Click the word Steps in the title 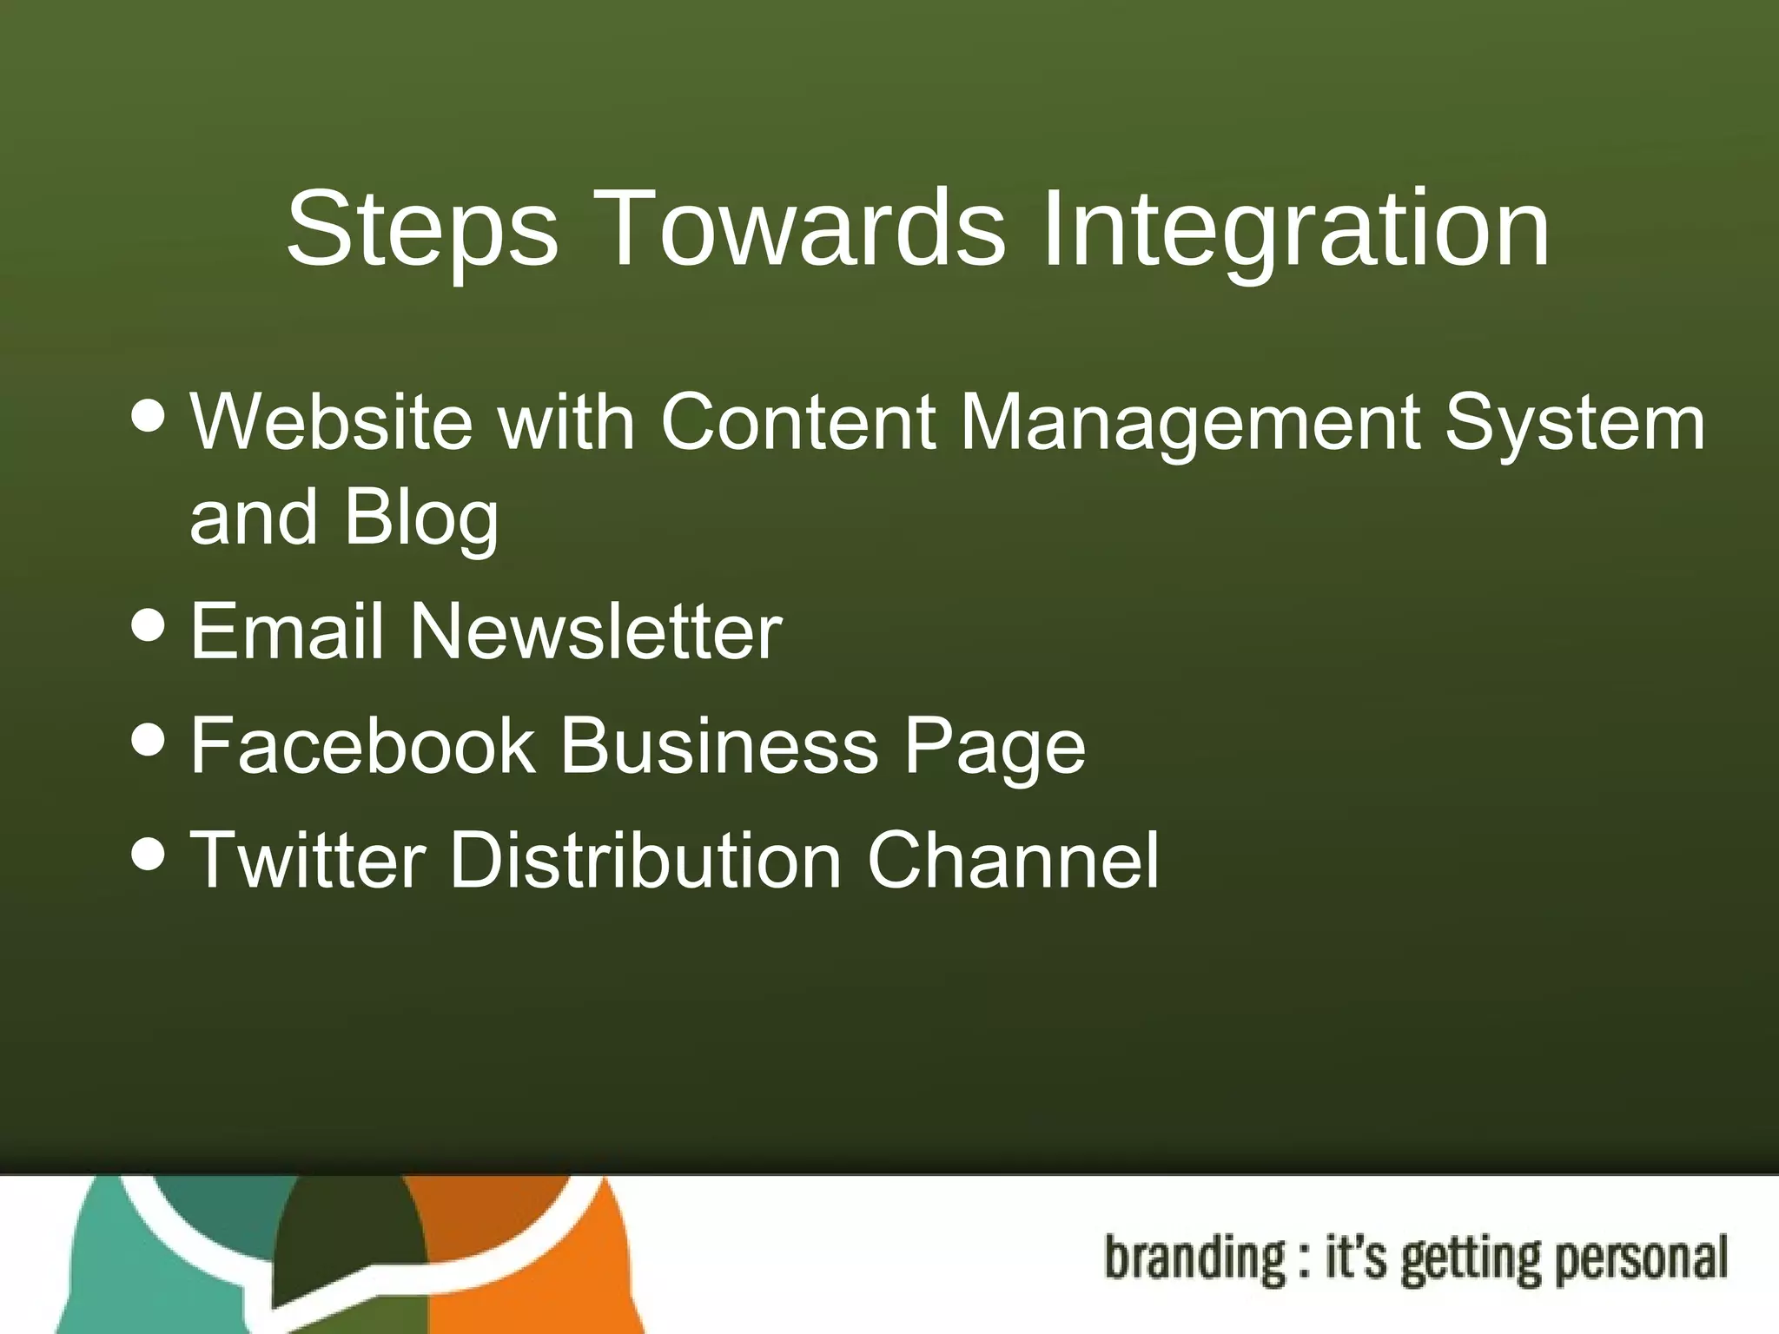point(422,230)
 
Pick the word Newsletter point(595,631)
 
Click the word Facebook point(363,746)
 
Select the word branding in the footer point(1194,1259)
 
